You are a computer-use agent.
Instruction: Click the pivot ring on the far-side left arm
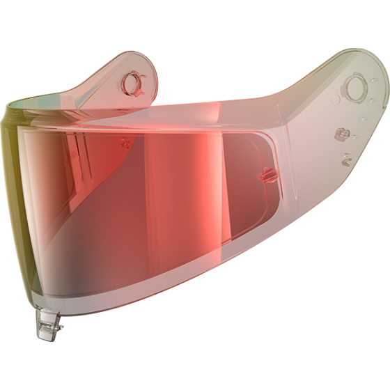click(x=132, y=84)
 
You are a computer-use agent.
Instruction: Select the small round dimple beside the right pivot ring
click(x=336, y=100)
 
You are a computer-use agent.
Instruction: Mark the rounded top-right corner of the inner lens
click(x=267, y=137)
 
